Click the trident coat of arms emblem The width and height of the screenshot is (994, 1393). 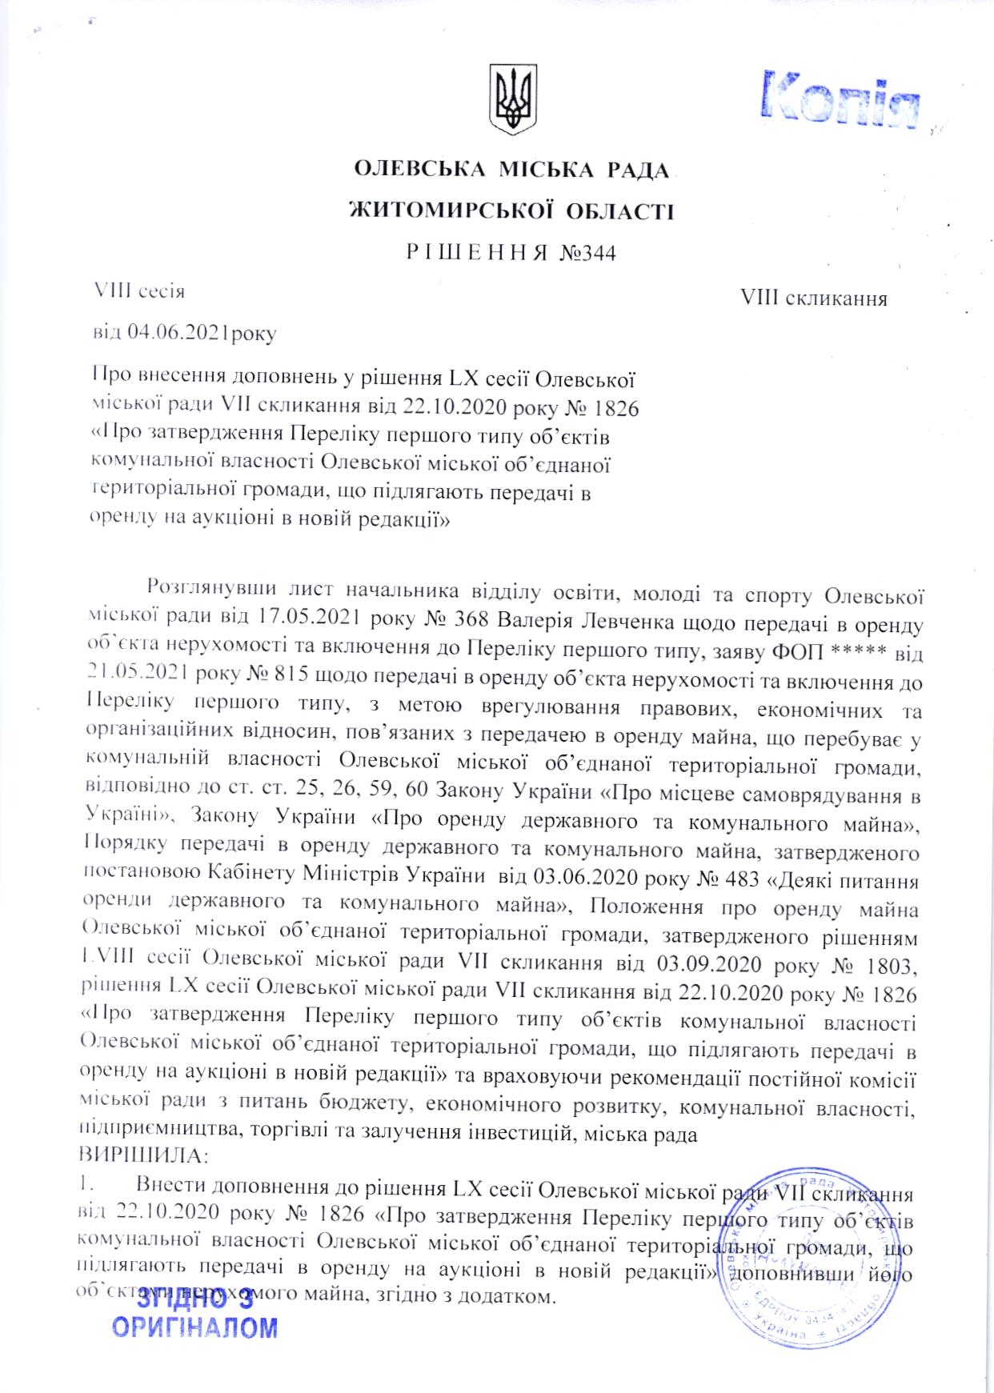pos(512,99)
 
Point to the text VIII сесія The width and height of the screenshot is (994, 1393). pos(140,290)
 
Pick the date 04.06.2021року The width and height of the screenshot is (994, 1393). pos(202,334)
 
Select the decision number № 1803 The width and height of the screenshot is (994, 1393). pos(874,965)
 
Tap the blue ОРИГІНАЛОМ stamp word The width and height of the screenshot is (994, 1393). pos(194,1329)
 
